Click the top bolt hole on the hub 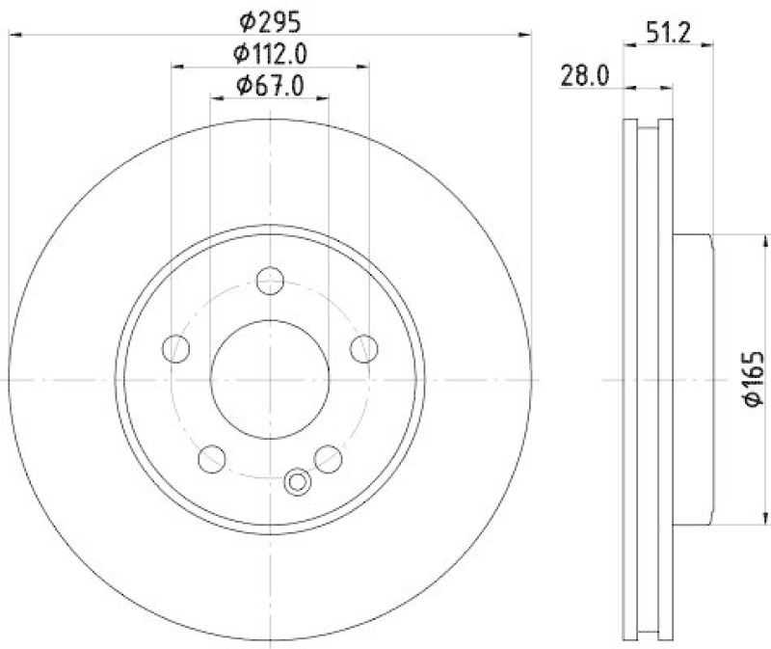[270, 281]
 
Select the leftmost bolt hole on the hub [175, 348]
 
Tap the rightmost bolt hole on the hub [364, 348]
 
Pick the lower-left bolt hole [211, 459]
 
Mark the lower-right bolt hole [329, 459]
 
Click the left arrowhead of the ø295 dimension [13, 35]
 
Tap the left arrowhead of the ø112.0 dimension [177, 68]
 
